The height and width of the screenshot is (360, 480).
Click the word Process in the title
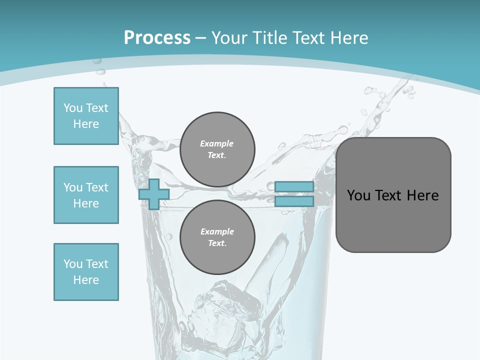157,37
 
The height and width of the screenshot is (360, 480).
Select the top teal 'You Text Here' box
86,116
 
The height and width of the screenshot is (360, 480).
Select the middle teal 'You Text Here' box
86,195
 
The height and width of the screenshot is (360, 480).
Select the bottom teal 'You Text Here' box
86,272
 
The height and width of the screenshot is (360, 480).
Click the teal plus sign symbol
154,194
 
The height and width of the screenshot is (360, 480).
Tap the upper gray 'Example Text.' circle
217,149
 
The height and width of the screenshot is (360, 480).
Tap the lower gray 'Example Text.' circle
217,237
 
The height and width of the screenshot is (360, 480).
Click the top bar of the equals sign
294,187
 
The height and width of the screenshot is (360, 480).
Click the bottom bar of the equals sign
294,201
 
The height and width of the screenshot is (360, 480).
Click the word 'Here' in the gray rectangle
422,195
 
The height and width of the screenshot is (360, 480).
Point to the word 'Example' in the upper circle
217,143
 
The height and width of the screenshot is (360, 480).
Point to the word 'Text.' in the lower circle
217,243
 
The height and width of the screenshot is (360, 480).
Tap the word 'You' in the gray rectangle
358,195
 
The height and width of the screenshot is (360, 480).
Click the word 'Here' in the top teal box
86,124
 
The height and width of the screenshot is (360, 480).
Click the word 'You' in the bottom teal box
73,264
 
